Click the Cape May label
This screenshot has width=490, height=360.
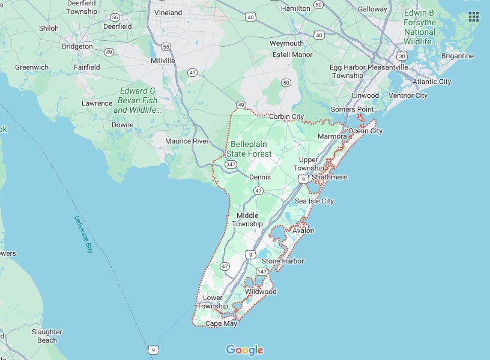[x=221, y=324]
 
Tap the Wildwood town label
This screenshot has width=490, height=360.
[x=261, y=292]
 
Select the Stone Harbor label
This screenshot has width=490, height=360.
[x=283, y=262]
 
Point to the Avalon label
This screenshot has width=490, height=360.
[x=303, y=231]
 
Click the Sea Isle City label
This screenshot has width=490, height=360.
[x=314, y=202]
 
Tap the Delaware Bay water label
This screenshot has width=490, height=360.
[x=83, y=234]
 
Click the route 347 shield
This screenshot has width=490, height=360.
[x=231, y=164]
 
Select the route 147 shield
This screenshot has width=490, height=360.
[x=262, y=272]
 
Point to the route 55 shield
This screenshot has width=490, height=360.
[x=166, y=46]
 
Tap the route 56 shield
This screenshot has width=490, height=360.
[x=115, y=17]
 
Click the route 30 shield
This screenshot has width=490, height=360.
[x=402, y=56]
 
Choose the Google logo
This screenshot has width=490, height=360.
[x=244, y=350]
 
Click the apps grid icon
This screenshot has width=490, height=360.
[x=474, y=16]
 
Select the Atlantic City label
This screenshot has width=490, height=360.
[x=432, y=82]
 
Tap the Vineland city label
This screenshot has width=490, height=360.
[x=168, y=13]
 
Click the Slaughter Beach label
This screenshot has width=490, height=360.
[x=47, y=336]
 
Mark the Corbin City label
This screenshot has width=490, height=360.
[x=286, y=116]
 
